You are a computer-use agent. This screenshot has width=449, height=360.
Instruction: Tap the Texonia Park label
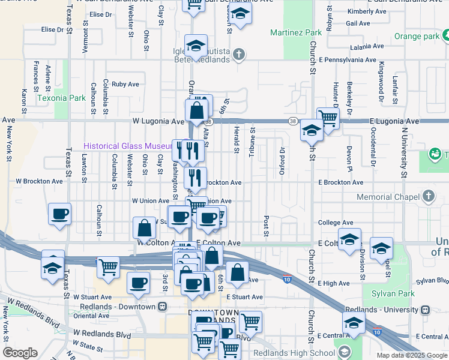pos(61,98)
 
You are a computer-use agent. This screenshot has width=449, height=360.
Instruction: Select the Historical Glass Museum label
pos(128,146)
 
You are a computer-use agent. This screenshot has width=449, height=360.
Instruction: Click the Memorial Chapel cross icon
pos(428,196)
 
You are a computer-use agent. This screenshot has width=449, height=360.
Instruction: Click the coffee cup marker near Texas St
pos(60,214)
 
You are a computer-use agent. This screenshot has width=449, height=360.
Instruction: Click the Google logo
pos(20,353)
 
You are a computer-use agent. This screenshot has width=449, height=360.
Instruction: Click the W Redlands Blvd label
pos(102,333)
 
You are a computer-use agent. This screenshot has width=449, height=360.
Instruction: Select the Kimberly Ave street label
pos(366,11)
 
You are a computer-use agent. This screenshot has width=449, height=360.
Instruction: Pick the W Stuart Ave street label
pos(92,297)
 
